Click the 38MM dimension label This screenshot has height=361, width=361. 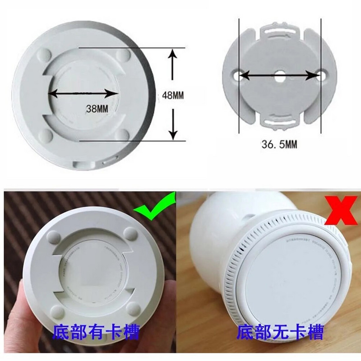point(96,109)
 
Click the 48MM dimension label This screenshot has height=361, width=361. point(173,95)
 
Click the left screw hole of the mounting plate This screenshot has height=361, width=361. point(238,76)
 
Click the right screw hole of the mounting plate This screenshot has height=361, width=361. point(321,76)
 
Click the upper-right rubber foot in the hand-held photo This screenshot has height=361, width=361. point(131,233)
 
